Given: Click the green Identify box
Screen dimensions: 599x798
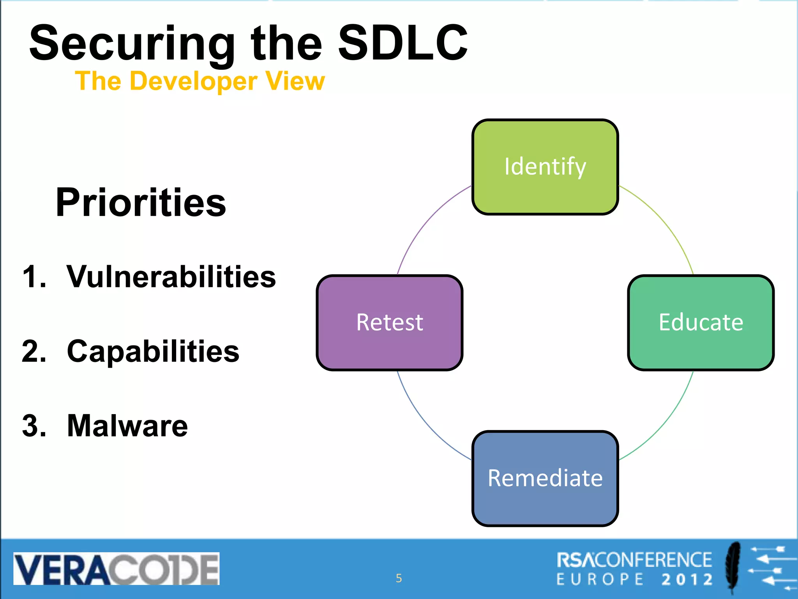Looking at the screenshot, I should [545, 167].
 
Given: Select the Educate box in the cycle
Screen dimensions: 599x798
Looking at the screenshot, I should [701, 323].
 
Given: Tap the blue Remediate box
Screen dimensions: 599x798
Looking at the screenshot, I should [545, 478].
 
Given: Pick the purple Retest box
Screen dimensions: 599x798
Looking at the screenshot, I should [389, 323].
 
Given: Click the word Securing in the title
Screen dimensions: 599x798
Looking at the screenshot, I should [132, 44].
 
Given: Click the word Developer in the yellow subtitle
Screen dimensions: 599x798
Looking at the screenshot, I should [193, 82].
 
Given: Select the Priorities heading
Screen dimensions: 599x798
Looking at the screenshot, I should [141, 202].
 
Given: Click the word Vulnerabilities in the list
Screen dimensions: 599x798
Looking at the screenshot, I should [171, 277].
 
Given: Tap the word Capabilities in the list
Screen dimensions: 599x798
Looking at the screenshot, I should [153, 351].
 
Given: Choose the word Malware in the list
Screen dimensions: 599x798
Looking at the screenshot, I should [127, 426].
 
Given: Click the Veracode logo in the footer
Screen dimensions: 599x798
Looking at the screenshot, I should [116, 569].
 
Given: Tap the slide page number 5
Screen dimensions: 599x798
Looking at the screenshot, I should [399, 578].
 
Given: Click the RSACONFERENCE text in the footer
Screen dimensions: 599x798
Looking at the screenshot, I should [634, 560].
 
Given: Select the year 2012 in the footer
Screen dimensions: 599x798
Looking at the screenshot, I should [687, 580].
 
